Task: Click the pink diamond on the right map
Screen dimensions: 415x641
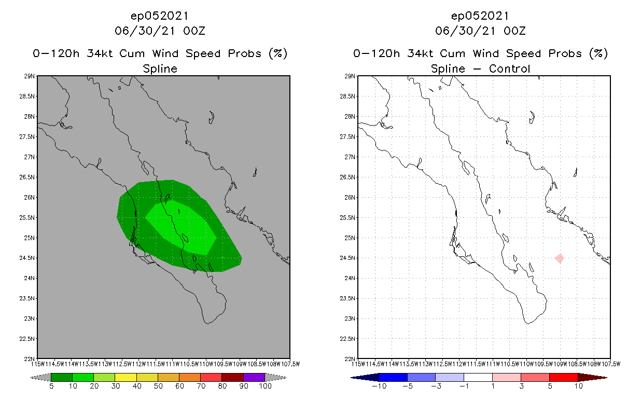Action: coord(560,258)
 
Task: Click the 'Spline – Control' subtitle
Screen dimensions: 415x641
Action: coord(480,68)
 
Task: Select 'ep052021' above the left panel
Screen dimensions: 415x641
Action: coord(160,16)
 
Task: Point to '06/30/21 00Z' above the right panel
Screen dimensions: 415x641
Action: coord(480,31)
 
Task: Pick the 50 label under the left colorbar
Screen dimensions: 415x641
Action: coord(158,386)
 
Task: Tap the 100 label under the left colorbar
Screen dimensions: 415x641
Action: coord(265,386)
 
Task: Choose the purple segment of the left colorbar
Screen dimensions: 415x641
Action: coord(254,378)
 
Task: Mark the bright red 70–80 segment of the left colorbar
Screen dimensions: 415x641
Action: coord(211,378)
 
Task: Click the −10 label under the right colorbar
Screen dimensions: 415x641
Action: coord(379,386)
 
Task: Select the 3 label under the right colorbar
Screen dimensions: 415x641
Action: coord(521,386)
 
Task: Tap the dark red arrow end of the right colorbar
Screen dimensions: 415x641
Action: coord(592,378)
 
